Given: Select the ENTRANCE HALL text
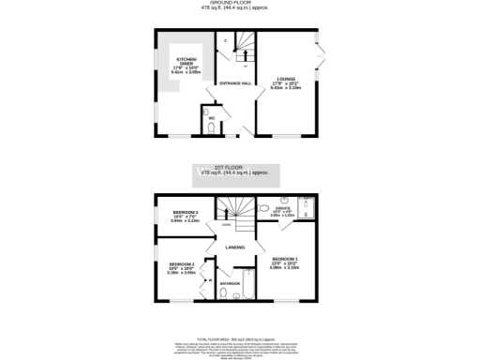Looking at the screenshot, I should pos(234,83).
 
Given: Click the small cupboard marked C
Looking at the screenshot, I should pos(226,41).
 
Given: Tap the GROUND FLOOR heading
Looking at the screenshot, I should pos(239,3).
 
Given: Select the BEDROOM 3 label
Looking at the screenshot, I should pos(172,216).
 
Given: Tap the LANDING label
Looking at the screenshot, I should pos(235,247).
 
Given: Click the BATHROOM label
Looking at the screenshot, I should pos(230,283).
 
